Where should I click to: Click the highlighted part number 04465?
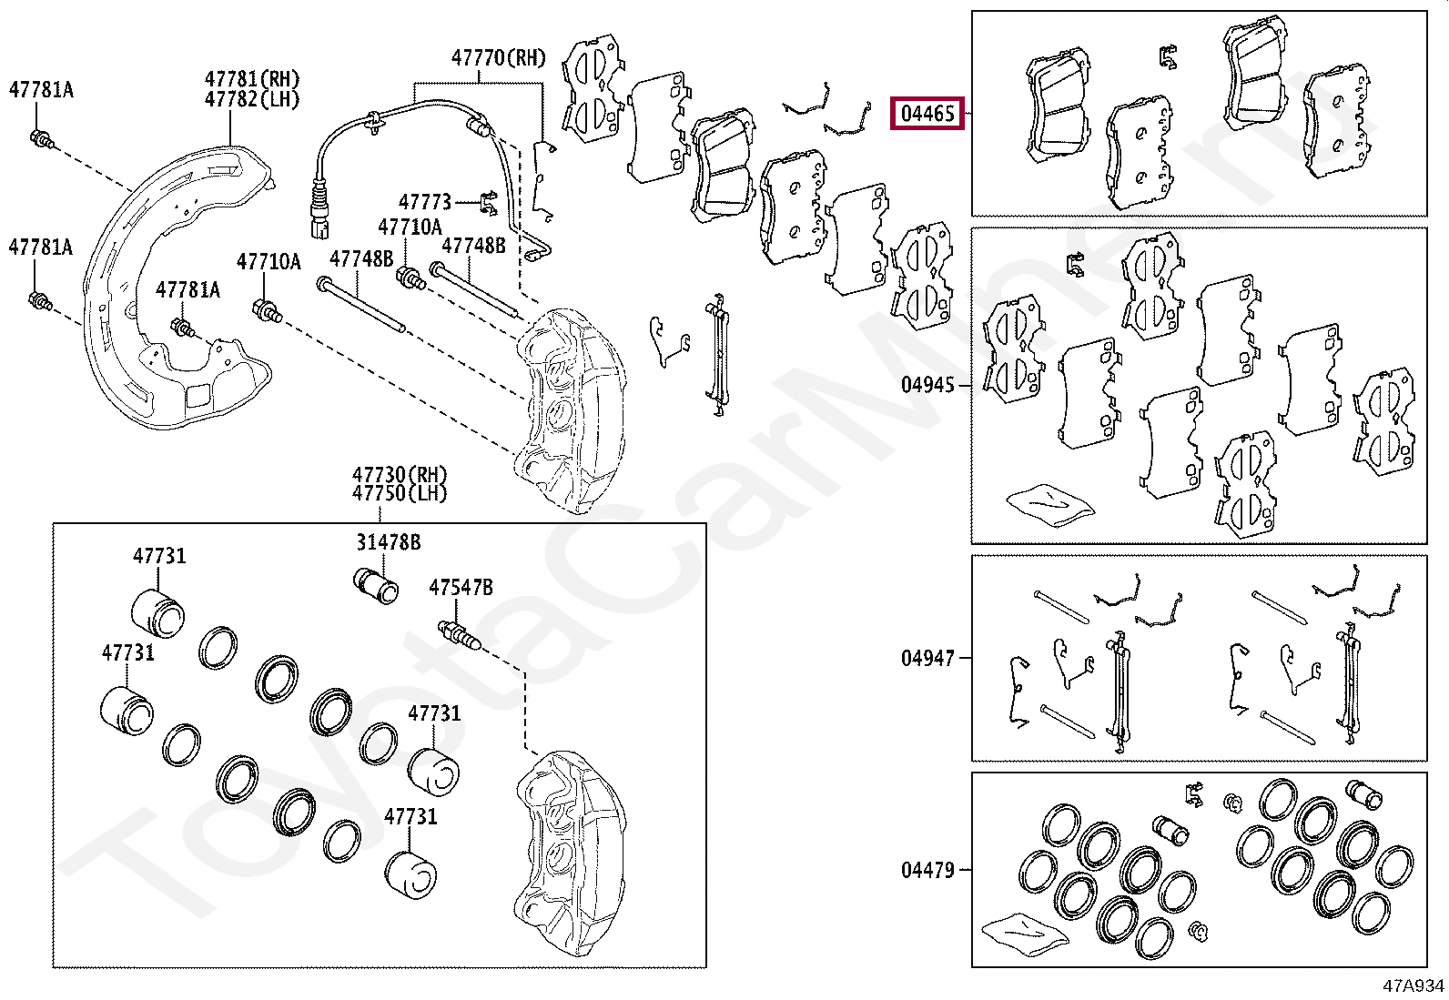coord(927,114)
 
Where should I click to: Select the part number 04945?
coord(927,385)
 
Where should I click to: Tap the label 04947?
coord(927,657)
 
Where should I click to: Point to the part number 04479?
coord(927,870)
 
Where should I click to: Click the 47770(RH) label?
coord(498,58)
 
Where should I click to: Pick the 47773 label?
coord(424,201)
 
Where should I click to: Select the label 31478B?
coord(388,542)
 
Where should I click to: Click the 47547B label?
coord(461,589)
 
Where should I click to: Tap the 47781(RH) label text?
coord(252,80)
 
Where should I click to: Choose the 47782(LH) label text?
coord(252,100)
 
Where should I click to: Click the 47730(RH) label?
coord(400,474)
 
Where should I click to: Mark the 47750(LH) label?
coord(400,494)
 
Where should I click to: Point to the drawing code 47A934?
coord(1414,985)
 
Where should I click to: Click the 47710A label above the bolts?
coord(410,227)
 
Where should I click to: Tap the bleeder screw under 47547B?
coord(460,634)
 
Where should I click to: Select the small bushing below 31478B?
coord(375,586)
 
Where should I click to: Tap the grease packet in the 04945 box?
coord(1049,503)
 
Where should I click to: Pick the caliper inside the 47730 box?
coord(569,851)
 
